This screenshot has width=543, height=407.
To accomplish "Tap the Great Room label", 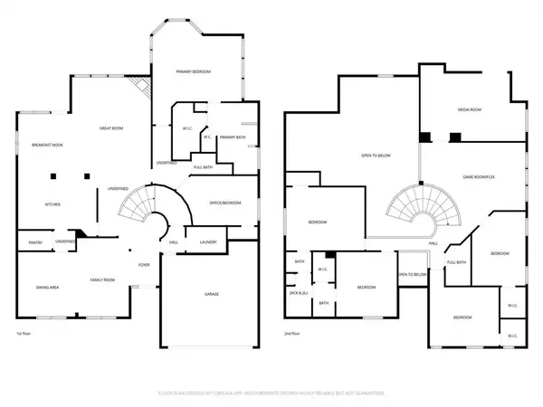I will click(x=111, y=129).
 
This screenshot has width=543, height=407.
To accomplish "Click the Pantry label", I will click(x=35, y=242).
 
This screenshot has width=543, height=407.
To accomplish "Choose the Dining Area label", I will click(x=47, y=287).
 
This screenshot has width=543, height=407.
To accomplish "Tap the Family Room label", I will click(x=101, y=280).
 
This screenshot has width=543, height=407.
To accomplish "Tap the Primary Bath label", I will click(x=233, y=137).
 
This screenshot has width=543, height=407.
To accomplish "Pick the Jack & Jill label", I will click(x=299, y=293).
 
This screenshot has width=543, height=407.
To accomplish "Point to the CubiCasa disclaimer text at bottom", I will click(x=271, y=393).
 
